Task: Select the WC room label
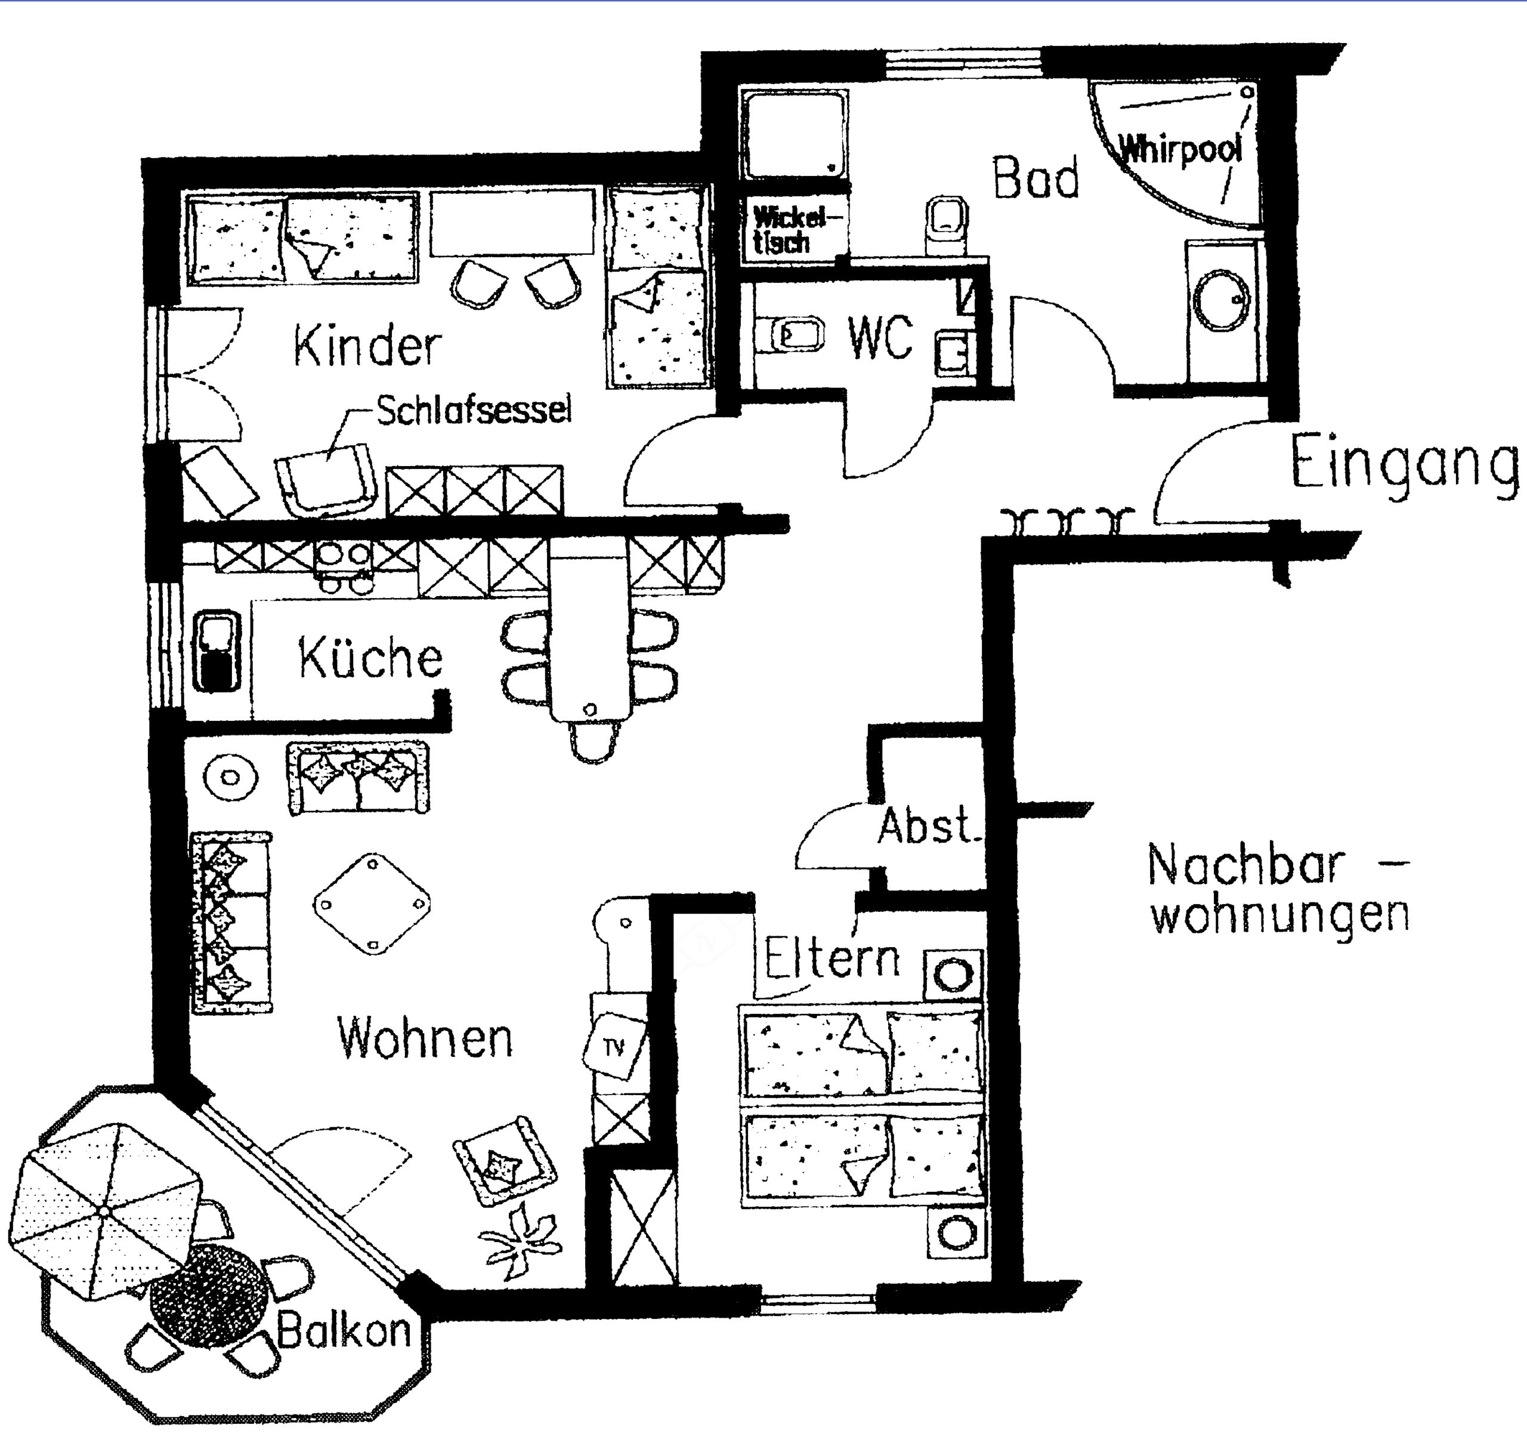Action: click(880, 338)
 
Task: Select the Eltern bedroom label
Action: click(832, 958)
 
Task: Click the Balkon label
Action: click(344, 1331)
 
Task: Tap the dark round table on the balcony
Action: click(210, 1295)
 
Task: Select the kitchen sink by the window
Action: click(218, 650)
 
